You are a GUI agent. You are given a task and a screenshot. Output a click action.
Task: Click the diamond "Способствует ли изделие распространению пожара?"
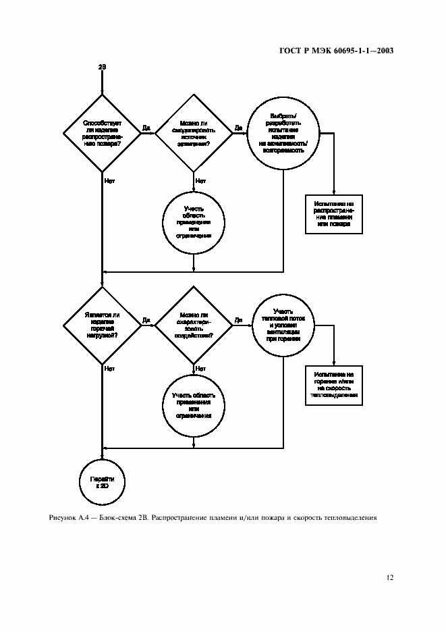pyautogui.click(x=102, y=134)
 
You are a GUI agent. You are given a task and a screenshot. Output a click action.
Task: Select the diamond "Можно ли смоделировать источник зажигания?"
pyautogui.click(x=194, y=134)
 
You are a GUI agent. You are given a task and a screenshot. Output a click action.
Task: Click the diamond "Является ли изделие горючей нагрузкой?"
pyautogui.click(x=102, y=323)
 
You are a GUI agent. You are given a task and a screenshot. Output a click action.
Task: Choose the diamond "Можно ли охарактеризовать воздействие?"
pyautogui.click(x=194, y=323)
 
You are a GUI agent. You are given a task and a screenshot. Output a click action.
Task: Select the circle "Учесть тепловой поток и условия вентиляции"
pyautogui.click(x=281, y=323)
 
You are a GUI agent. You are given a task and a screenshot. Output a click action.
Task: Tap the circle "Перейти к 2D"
pyautogui.click(x=102, y=481)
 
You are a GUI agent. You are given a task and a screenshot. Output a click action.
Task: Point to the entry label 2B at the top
pyautogui.click(x=102, y=68)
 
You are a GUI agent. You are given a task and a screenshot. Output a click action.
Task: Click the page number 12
pyautogui.click(x=389, y=578)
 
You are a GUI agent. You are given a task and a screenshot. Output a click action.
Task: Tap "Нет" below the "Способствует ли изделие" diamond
pyautogui.click(x=109, y=180)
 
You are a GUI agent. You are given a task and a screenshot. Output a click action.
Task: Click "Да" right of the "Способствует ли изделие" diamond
pyautogui.click(x=146, y=127)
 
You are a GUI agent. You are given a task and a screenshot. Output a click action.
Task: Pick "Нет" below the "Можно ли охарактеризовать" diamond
pyautogui.click(x=200, y=369)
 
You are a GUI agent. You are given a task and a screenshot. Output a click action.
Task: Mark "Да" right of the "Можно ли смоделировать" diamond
pyautogui.click(x=238, y=127)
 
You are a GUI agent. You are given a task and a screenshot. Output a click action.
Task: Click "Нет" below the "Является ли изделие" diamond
pyautogui.click(x=109, y=369)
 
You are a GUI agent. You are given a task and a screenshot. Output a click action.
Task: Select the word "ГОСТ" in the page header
pyautogui.click(x=289, y=51)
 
